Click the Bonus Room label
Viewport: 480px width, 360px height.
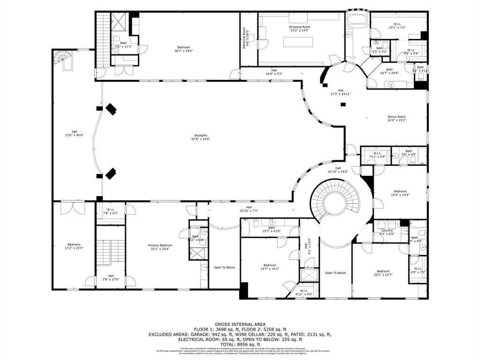(x=397, y=118)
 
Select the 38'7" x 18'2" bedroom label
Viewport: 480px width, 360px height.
(x=183, y=49)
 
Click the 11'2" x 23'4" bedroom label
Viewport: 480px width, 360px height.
(x=74, y=246)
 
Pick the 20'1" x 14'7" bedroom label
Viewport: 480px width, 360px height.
(x=383, y=273)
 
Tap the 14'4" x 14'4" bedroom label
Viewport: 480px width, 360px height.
(x=400, y=193)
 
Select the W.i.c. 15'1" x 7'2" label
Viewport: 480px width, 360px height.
(x=397, y=26)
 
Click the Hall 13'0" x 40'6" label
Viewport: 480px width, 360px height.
(x=75, y=133)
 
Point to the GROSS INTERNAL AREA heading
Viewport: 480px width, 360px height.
(x=240, y=324)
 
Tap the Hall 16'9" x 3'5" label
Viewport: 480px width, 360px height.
(x=273, y=72)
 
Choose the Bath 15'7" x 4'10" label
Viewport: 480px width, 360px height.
(x=271, y=229)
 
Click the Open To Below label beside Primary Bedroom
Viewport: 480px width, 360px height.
(x=224, y=267)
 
